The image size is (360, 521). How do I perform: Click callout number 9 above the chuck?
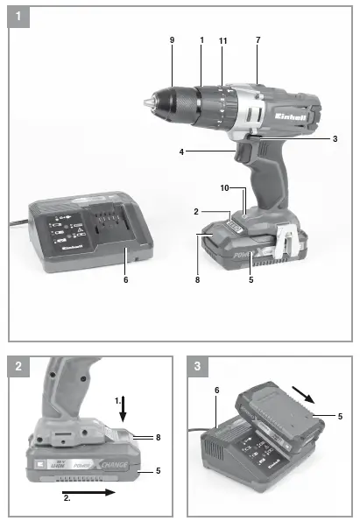[x=173, y=40]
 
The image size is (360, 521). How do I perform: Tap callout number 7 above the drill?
[x=258, y=40]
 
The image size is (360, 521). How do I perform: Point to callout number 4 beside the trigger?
[x=182, y=151]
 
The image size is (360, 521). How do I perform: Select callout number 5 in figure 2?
[x=159, y=472]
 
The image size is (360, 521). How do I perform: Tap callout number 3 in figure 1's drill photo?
[x=335, y=139]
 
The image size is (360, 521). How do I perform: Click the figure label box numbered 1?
[x=19, y=16]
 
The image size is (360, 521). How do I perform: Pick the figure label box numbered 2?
[x=19, y=367]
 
